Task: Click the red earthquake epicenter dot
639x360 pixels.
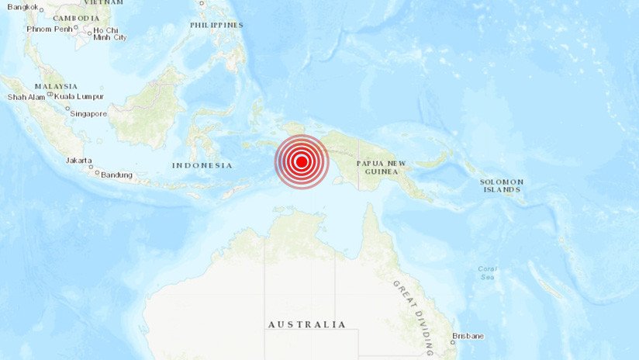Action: pos(302,161)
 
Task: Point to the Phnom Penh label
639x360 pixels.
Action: pos(50,29)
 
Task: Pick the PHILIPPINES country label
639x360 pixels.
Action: pos(216,25)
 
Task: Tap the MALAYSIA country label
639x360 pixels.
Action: pos(56,86)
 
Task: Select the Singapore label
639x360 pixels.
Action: pos(88,113)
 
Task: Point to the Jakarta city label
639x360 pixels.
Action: pos(78,161)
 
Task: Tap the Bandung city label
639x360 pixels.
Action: pos(117,175)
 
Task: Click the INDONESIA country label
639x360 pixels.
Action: pos(202,165)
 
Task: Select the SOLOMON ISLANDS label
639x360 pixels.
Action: pos(503,185)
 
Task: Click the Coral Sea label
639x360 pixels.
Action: pos(488,272)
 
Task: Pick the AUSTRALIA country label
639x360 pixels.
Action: pos(307,324)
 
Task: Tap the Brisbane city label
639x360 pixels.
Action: pos(469,335)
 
